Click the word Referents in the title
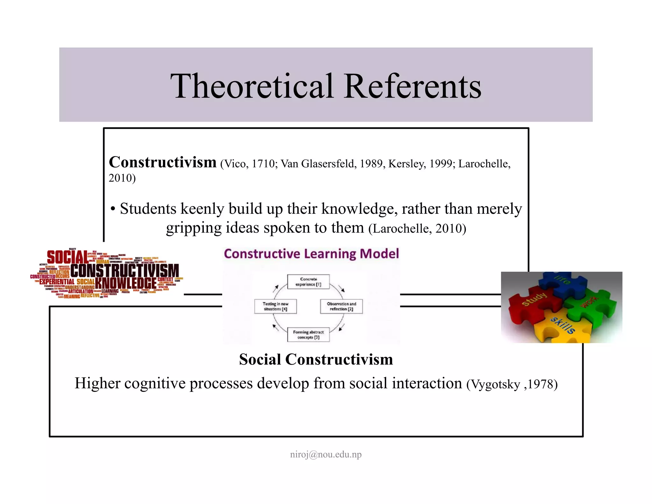(413, 86)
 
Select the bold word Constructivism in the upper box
(163, 162)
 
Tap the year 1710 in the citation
(263, 164)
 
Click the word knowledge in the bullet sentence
(359, 209)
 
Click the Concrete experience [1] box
(308, 282)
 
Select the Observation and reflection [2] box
(341, 306)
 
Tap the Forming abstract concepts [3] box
(308, 335)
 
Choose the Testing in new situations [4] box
(275, 306)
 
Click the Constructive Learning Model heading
(311, 254)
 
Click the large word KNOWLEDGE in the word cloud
(126, 283)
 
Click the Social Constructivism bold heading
(316, 359)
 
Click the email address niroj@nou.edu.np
(326, 454)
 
